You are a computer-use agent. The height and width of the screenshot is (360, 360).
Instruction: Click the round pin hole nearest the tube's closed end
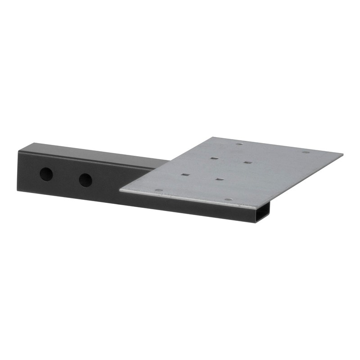46,174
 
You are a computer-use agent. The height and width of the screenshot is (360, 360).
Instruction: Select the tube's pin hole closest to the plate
85,180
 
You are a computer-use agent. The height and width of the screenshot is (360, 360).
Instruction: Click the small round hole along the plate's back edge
239,144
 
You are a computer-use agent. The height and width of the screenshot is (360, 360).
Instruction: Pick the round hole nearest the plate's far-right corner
306,152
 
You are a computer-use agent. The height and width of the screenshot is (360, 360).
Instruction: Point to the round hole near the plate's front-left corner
158,190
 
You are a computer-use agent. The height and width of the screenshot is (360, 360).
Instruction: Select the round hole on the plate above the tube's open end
228,199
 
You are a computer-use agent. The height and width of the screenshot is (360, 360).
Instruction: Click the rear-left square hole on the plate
214,158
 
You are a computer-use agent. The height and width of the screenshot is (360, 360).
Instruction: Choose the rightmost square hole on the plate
247,162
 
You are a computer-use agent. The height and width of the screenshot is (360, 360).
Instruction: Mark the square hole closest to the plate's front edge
219,179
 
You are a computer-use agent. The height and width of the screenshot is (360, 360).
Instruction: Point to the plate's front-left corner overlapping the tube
121,191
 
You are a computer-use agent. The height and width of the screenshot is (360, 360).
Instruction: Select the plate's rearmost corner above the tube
215,138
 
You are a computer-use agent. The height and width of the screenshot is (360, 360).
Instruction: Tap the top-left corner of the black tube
18,150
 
